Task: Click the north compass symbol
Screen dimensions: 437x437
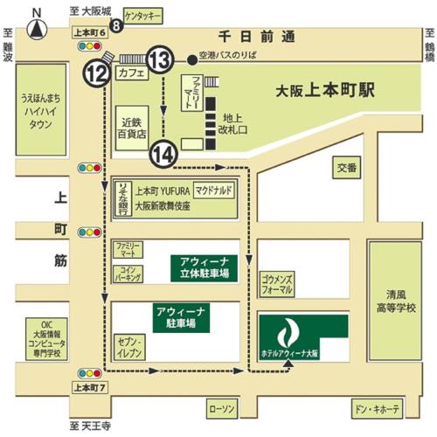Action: [36, 27]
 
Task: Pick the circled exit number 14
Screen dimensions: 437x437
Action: [163, 153]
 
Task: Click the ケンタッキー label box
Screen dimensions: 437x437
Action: [144, 16]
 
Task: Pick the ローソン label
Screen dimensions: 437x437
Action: [218, 408]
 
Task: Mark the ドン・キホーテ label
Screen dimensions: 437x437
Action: [378, 408]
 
